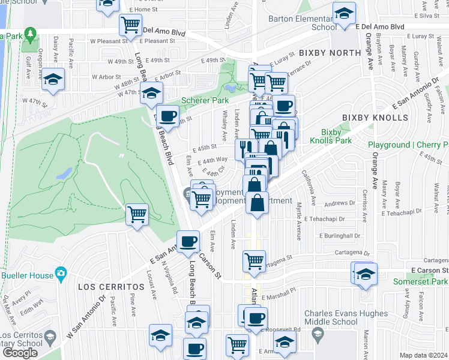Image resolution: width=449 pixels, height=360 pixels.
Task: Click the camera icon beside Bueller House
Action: [x=60, y=274]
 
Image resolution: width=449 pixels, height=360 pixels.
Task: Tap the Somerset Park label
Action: [x=420, y=281]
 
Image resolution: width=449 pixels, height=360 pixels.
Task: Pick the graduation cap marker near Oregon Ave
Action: [x=53, y=79]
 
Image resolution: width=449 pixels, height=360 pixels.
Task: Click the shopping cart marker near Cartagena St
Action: [x=254, y=262]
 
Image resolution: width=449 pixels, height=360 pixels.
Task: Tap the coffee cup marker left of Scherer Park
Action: [x=168, y=115]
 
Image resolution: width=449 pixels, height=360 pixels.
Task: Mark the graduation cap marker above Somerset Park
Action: [x=365, y=274]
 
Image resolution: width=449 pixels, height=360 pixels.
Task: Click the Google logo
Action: [x=20, y=353]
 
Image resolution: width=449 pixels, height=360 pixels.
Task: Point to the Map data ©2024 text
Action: [x=424, y=355]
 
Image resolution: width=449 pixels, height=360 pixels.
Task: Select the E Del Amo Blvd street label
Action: [x=379, y=28]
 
